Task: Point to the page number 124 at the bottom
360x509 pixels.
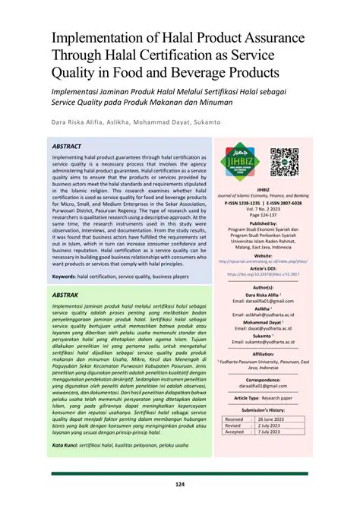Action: coord(180,484)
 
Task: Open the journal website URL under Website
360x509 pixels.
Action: coord(264,261)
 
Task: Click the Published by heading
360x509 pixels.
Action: coord(264,223)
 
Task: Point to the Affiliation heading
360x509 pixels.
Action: coord(264,354)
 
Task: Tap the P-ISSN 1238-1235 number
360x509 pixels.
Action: coord(244,204)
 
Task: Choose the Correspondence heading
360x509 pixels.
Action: coord(264,379)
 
